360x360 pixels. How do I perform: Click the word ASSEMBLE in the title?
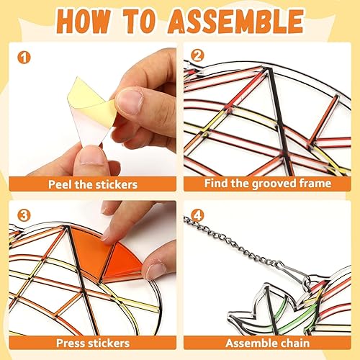244,22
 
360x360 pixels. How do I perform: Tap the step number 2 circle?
197,55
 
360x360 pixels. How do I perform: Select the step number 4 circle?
197,213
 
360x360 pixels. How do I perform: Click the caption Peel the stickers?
93,184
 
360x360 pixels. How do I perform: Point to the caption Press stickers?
94,343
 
